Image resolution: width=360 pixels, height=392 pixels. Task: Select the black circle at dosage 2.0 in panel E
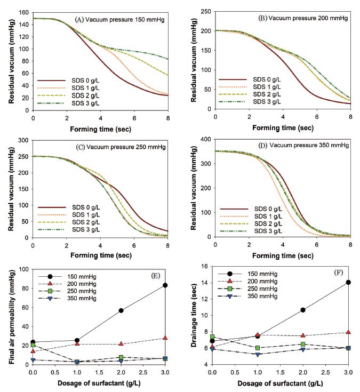(122, 310)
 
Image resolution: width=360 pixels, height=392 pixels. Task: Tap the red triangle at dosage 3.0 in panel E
(166, 338)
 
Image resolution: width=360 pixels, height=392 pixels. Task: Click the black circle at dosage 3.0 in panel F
(348, 282)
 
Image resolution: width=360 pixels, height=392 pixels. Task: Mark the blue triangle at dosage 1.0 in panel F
(258, 354)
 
